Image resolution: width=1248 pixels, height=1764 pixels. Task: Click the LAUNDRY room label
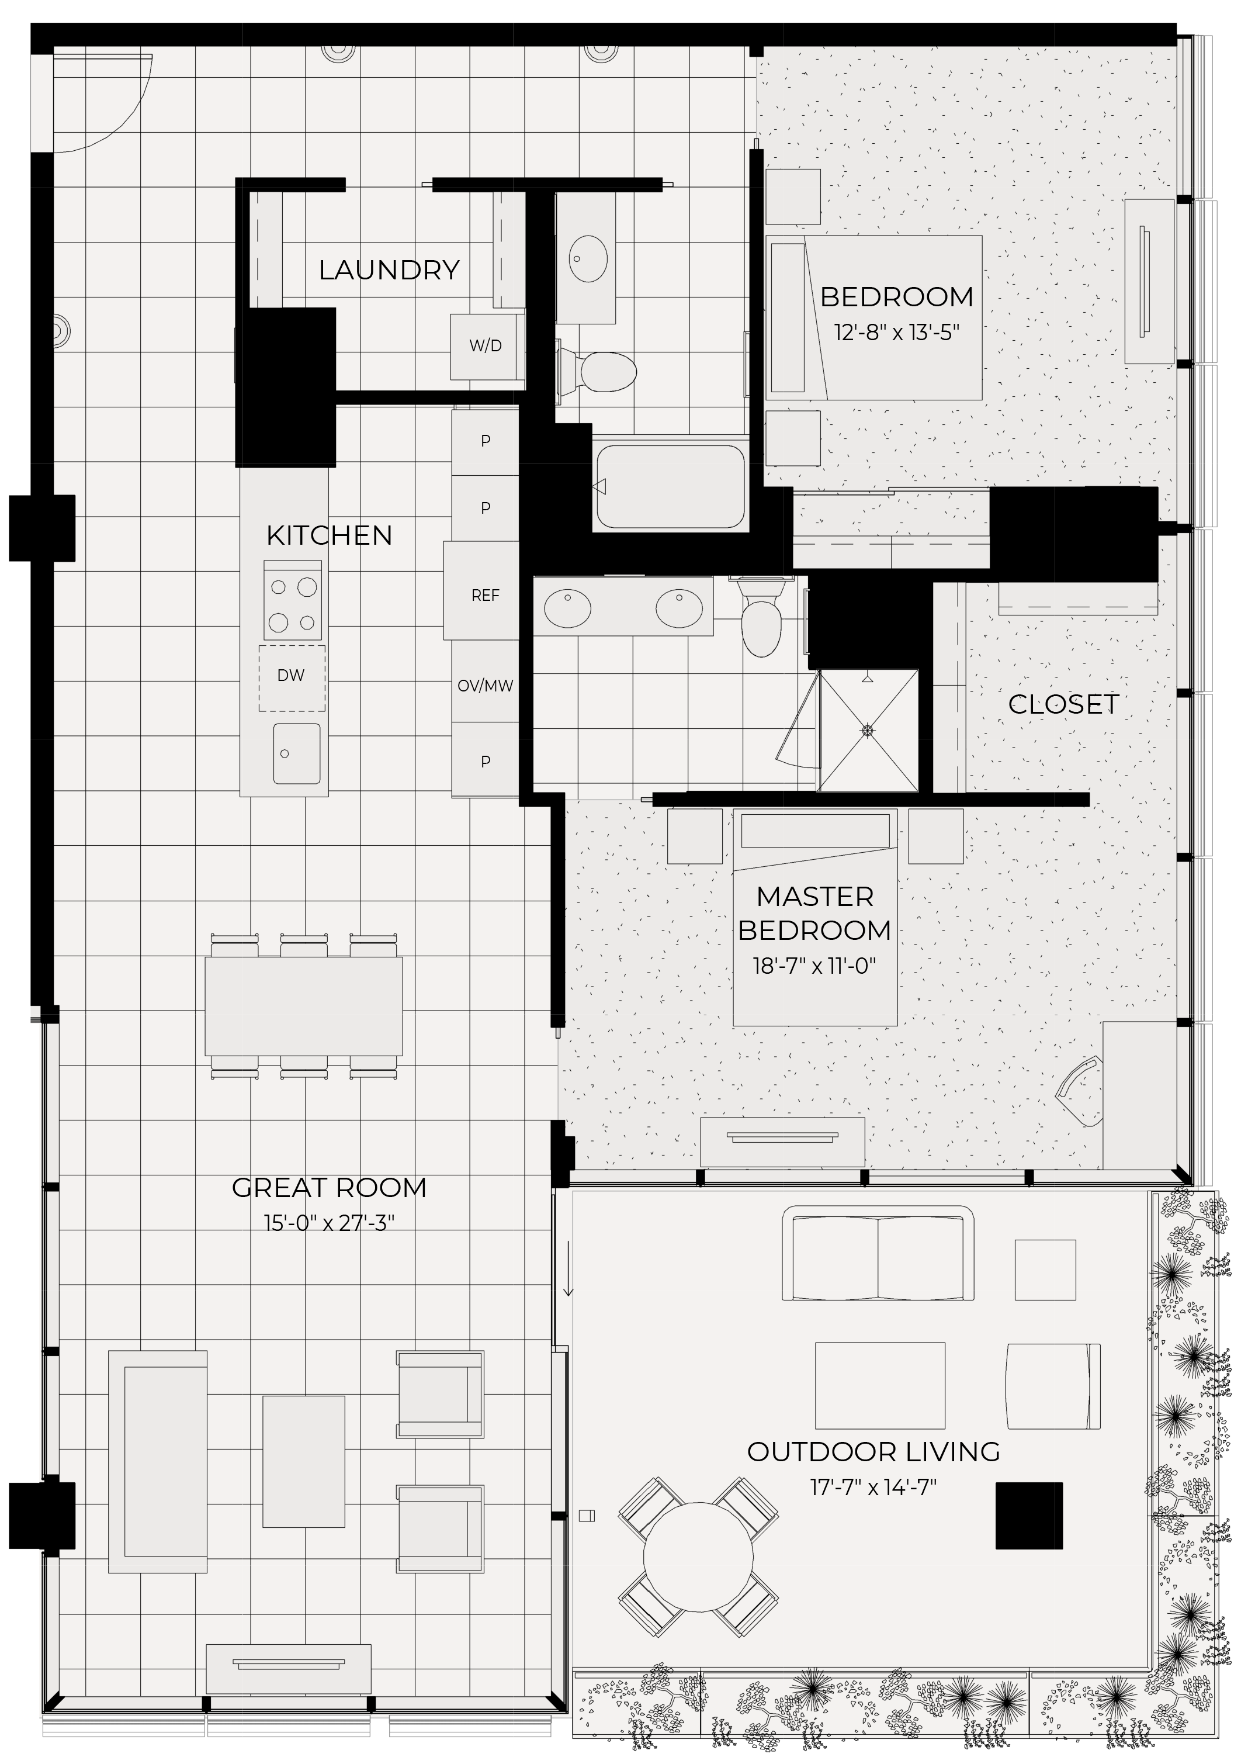click(x=389, y=271)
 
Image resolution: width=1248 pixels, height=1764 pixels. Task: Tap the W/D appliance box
click(x=486, y=347)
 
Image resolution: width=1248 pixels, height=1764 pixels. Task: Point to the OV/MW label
click(x=485, y=686)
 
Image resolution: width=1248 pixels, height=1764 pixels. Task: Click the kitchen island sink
click(x=297, y=753)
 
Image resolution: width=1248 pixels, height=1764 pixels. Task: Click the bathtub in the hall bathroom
click(x=671, y=486)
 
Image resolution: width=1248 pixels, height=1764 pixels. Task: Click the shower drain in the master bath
click(x=868, y=729)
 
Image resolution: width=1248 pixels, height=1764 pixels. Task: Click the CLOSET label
click(x=1063, y=705)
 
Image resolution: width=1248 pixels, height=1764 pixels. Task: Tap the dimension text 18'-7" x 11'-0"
click(x=814, y=966)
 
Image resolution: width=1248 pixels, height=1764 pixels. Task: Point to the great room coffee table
click(x=304, y=1463)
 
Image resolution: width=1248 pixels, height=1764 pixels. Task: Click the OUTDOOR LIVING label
click(x=873, y=1452)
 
